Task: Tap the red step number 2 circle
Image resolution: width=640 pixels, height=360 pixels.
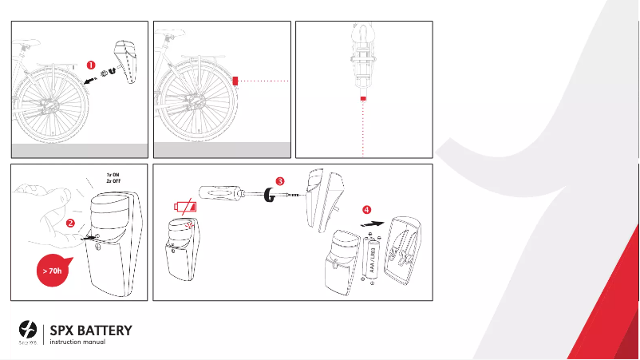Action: tap(70, 223)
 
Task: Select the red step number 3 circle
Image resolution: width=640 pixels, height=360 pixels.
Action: tap(280, 181)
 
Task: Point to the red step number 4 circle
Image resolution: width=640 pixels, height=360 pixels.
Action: tap(366, 210)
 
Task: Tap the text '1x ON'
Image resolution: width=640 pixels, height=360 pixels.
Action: tap(113, 175)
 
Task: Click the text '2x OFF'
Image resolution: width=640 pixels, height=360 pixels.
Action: tap(113, 181)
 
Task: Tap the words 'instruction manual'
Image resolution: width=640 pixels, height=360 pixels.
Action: tap(77, 343)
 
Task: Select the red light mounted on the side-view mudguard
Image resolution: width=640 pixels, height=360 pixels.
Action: tap(235, 81)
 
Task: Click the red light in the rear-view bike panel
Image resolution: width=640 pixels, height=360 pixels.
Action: tap(363, 97)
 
